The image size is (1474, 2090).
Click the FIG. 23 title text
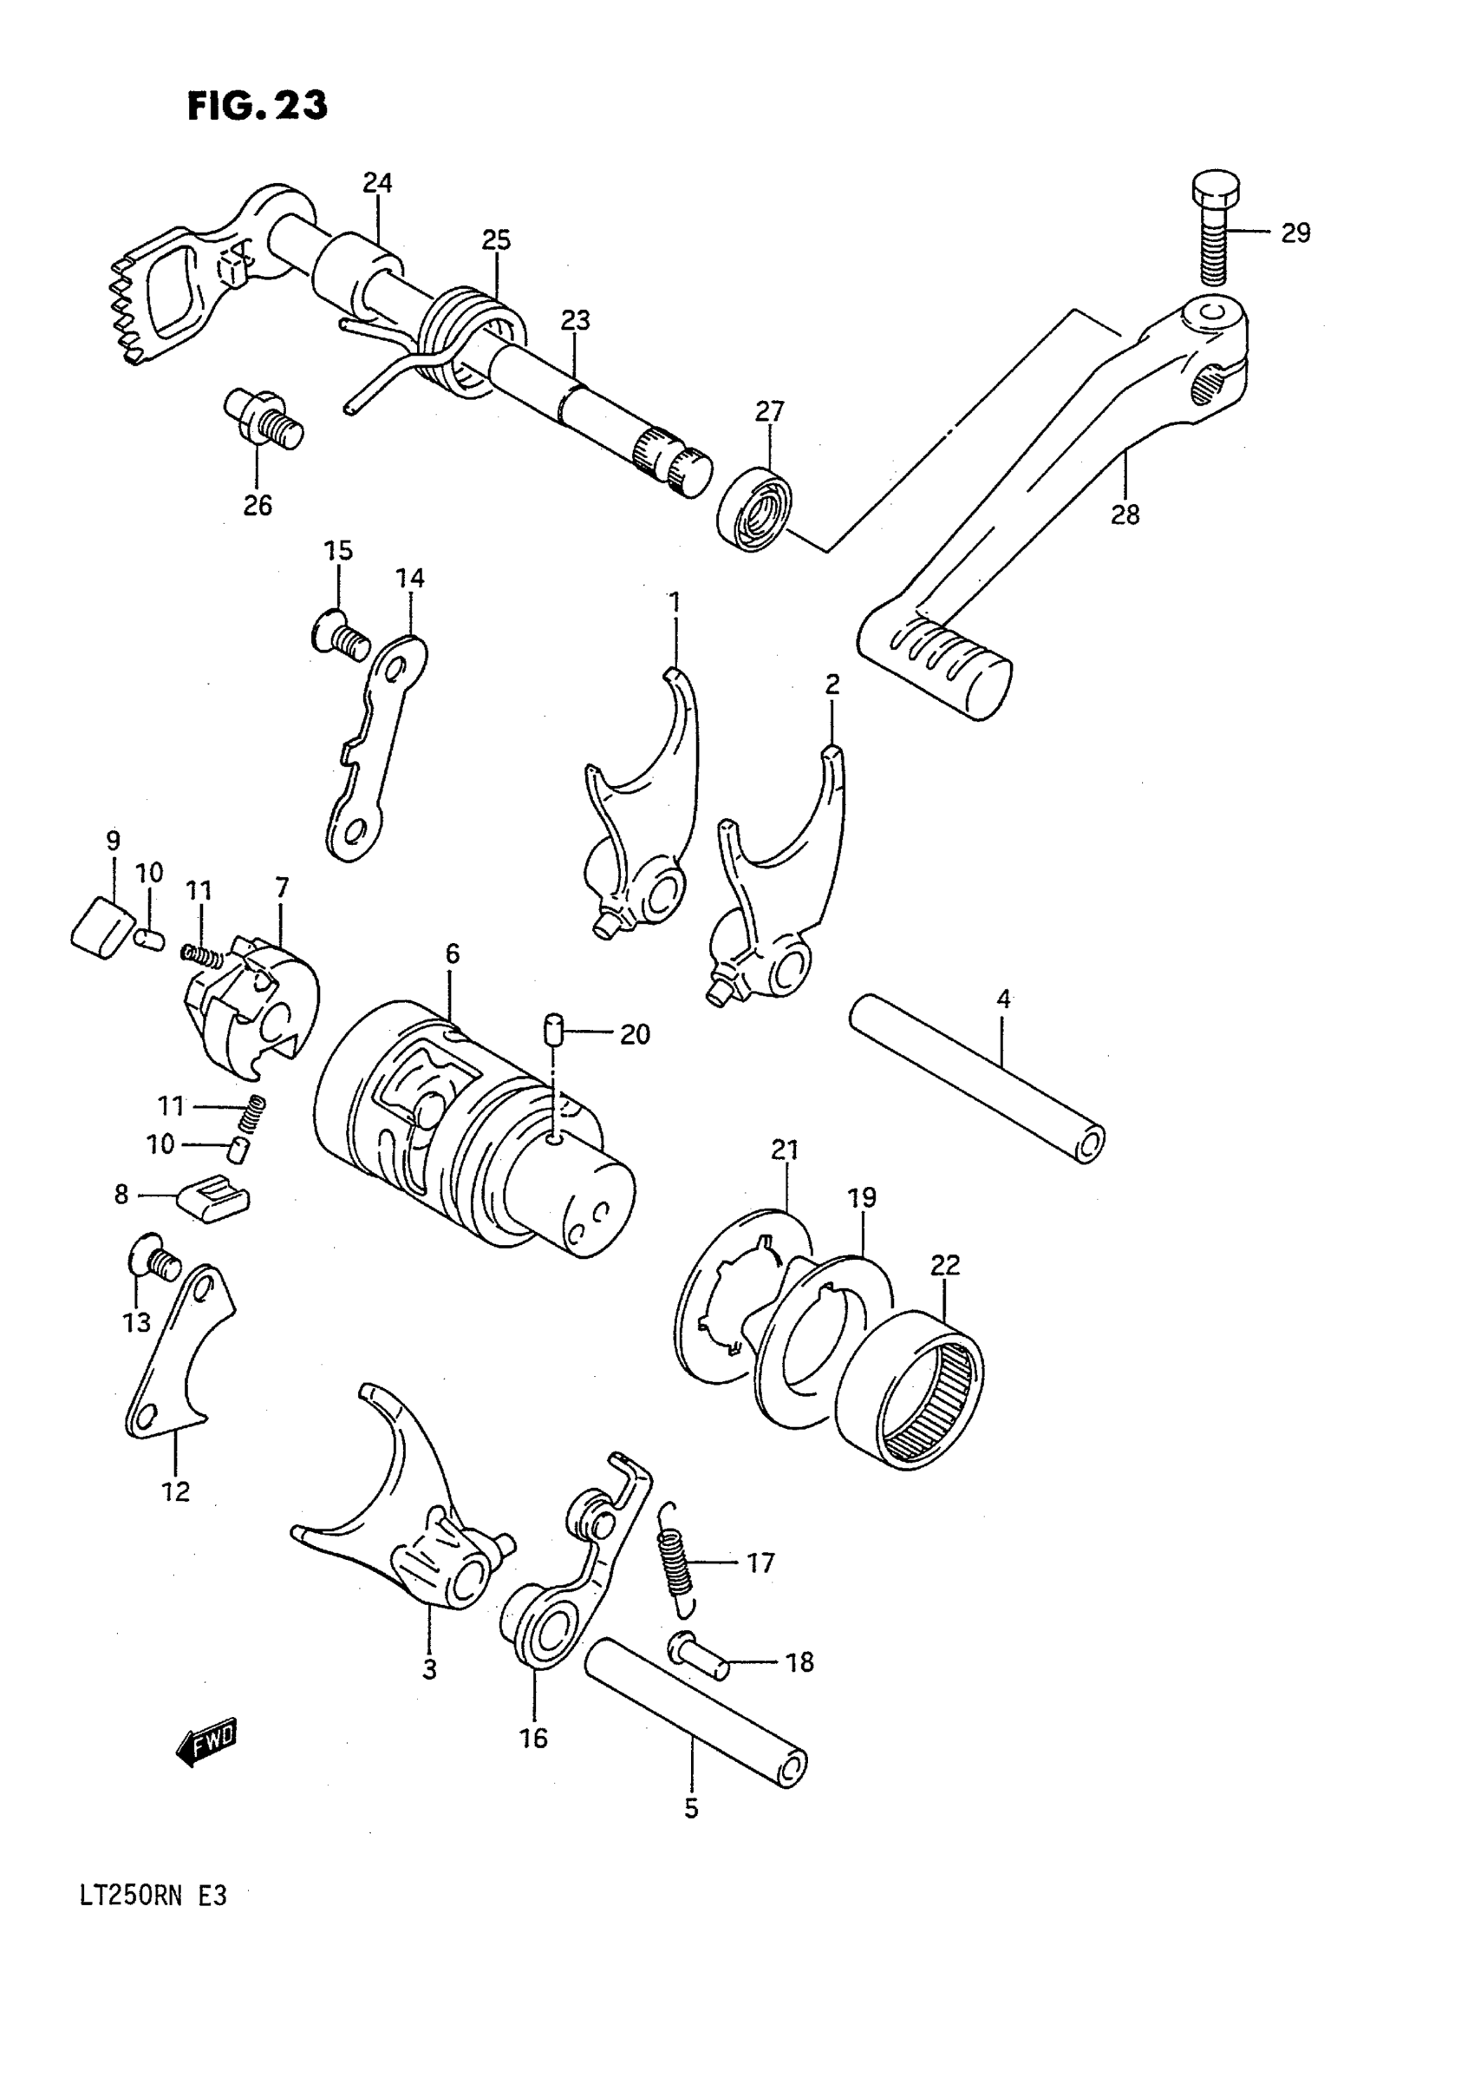point(258,107)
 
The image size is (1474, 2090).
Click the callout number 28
point(1125,515)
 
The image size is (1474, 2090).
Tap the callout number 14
point(409,578)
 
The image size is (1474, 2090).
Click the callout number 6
point(453,954)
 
